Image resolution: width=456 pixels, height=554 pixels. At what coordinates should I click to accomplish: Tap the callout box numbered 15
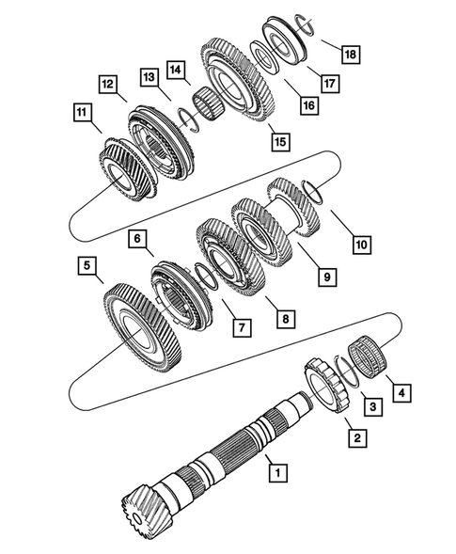(279, 141)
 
